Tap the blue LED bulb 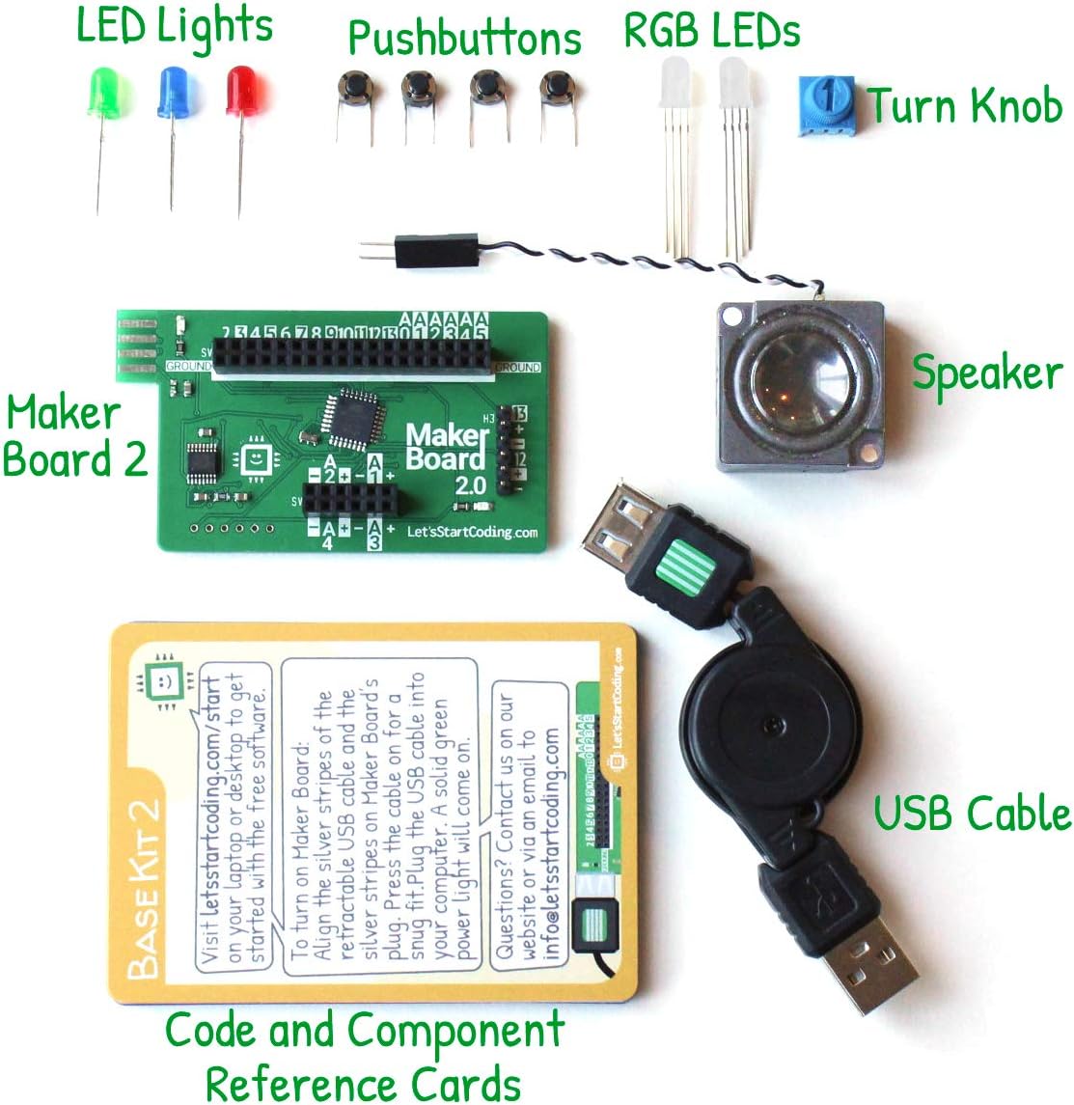click(173, 93)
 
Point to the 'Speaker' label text click(986, 373)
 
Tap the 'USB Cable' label click(972, 813)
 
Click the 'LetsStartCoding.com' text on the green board click(472, 531)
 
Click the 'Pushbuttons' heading click(464, 40)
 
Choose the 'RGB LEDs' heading click(711, 31)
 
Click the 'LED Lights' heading click(175, 26)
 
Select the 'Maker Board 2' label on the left click(74, 436)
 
